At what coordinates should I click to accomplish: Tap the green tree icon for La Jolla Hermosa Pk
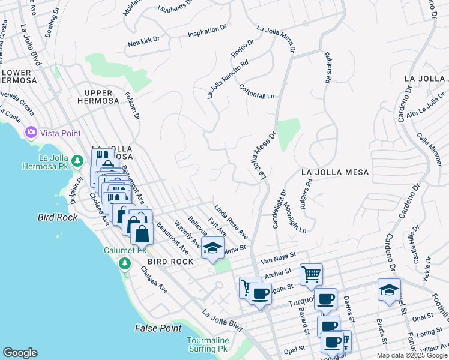(77, 161)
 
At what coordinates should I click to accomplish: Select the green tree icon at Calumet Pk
(125, 263)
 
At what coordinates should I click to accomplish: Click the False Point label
(158, 328)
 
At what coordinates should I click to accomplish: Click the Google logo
(20, 353)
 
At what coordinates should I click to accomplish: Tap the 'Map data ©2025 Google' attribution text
(412, 355)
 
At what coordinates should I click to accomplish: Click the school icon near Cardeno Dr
(389, 289)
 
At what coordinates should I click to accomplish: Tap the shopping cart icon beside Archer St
(311, 275)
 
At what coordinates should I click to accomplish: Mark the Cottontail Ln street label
(256, 92)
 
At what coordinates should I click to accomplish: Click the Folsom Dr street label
(131, 105)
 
